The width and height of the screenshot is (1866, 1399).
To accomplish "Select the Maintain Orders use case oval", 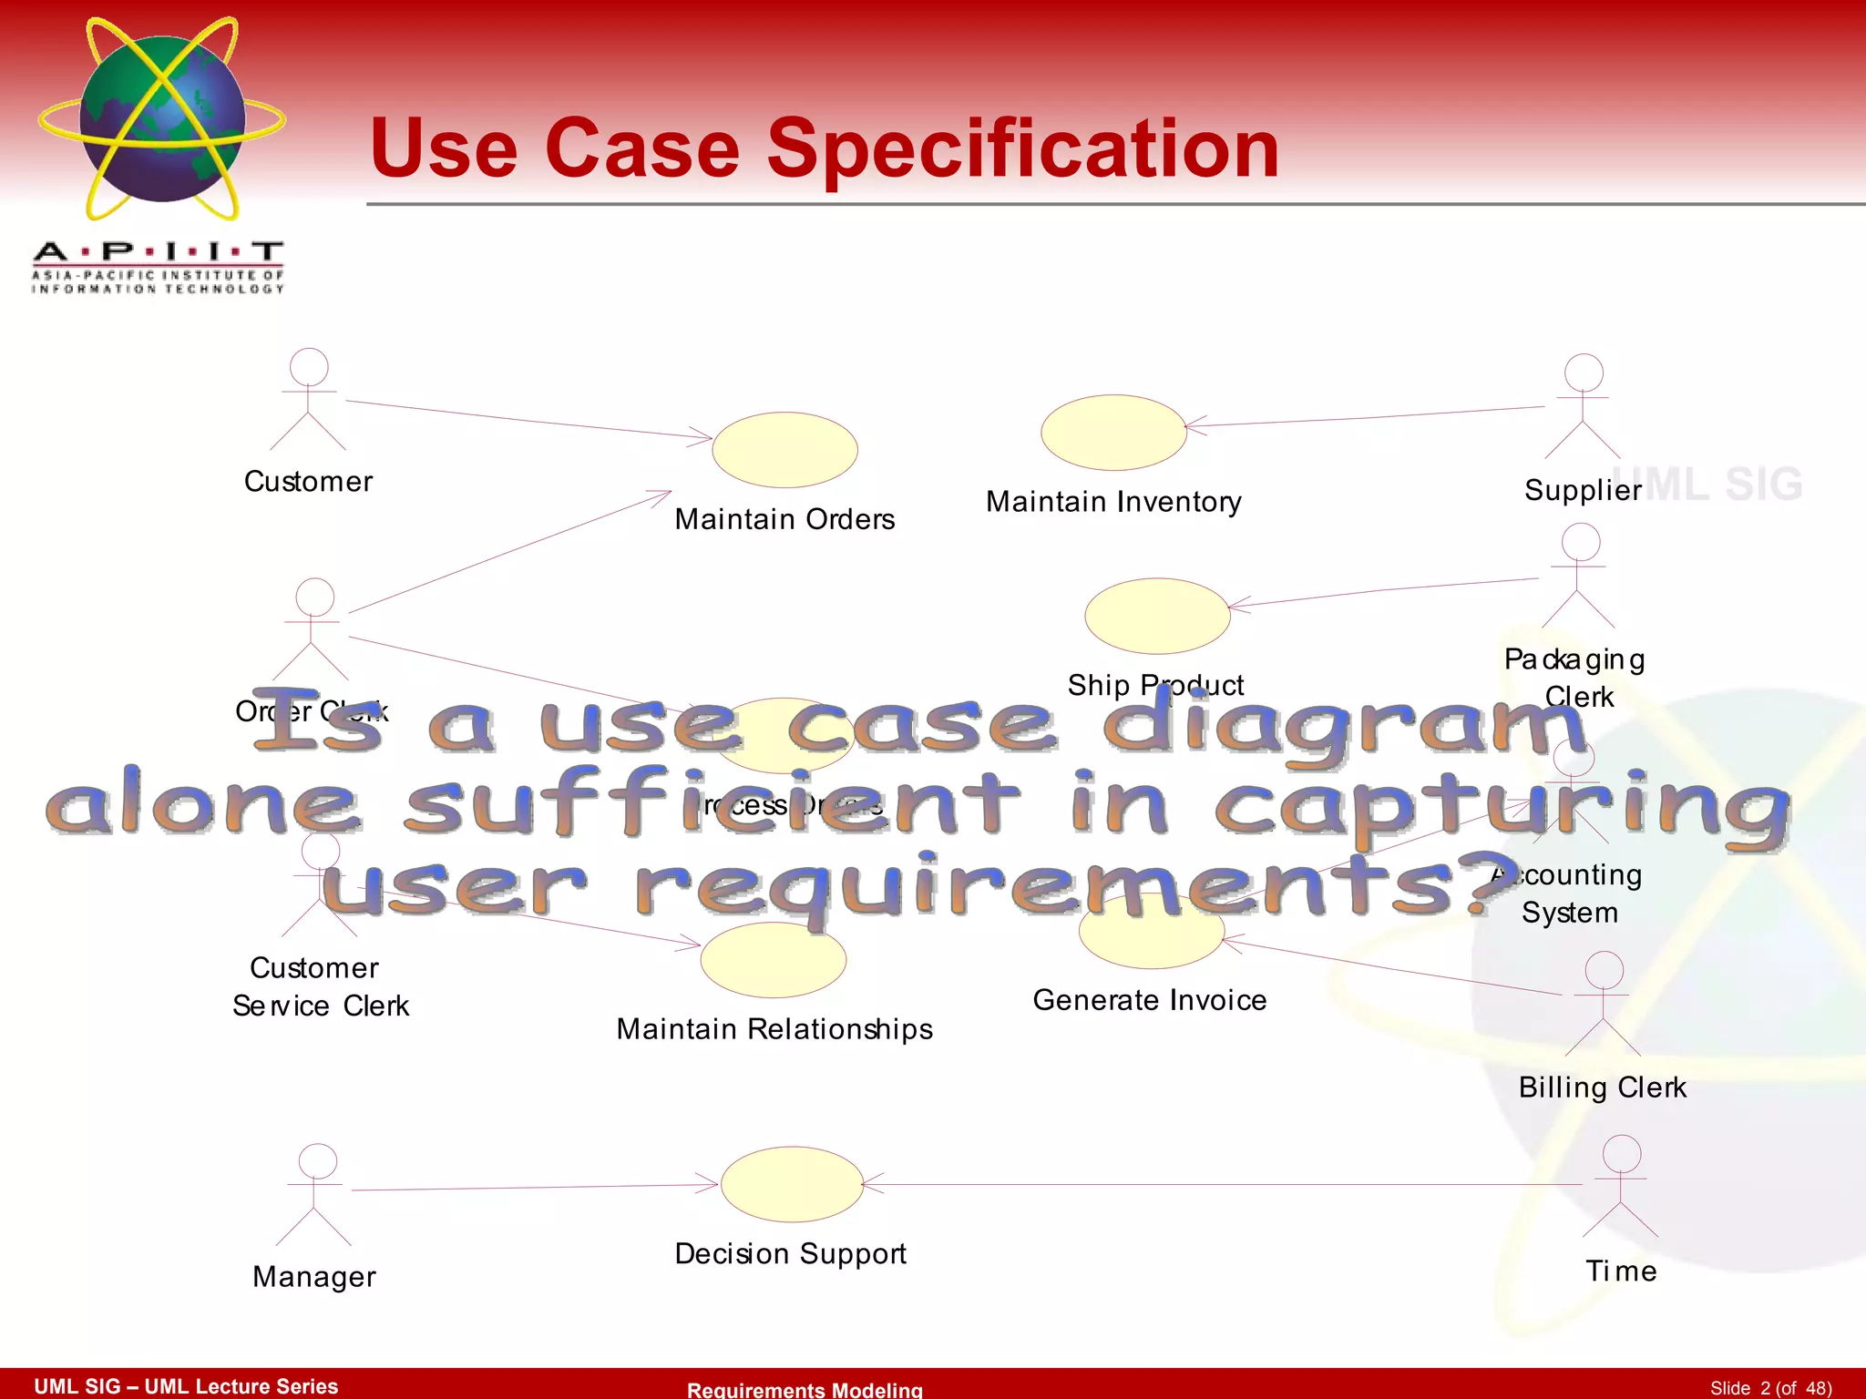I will click(784, 450).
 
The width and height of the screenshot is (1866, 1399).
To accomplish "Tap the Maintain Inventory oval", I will click(1113, 433).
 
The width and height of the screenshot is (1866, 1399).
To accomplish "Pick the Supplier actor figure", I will click(1583, 406).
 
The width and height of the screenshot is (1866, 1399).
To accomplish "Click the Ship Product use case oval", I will click(1157, 616).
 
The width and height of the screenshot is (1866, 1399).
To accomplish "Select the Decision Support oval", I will click(792, 1184).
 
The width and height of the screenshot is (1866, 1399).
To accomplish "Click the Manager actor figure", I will click(314, 1194).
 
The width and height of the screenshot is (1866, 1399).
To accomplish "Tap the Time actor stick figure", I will click(1621, 1185).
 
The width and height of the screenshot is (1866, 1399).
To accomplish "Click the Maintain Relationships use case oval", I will click(774, 959).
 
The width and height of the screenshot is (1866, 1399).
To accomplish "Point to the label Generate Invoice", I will click(1149, 1000).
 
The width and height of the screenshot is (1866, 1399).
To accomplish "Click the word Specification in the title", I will click(1023, 148).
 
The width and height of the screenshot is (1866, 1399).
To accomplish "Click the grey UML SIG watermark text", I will click(1722, 485).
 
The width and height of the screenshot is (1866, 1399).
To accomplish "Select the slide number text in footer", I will click(1769, 1387).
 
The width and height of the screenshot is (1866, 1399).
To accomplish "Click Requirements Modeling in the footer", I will click(805, 1389).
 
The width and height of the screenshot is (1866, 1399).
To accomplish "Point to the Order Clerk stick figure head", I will click(314, 597).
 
